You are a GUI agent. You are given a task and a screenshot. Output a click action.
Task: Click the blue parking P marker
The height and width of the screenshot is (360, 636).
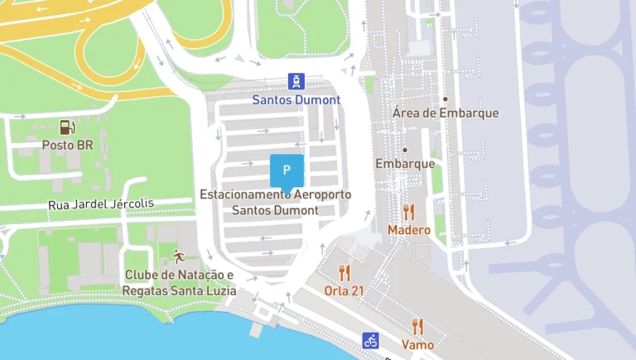[x=287, y=170]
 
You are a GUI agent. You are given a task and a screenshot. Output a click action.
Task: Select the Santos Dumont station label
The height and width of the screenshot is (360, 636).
[x=296, y=100]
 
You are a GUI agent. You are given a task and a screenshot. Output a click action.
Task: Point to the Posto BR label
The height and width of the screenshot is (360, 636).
[x=67, y=146]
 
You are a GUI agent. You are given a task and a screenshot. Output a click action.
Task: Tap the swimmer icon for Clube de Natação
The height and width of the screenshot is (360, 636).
[x=178, y=256]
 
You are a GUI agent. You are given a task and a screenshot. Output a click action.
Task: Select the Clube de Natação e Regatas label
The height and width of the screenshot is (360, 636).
[x=179, y=283]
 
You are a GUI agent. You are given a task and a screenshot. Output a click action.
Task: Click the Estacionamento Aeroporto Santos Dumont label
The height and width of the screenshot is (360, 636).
[x=275, y=202]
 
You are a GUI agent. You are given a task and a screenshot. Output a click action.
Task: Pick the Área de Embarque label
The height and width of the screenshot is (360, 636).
[x=446, y=113]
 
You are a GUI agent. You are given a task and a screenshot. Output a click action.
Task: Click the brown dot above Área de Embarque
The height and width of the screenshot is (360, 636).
[x=445, y=98]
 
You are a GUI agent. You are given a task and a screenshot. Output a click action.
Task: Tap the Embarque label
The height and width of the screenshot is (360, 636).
[x=405, y=164]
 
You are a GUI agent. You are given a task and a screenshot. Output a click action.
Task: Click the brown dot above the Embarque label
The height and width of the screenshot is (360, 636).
[x=405, y=150]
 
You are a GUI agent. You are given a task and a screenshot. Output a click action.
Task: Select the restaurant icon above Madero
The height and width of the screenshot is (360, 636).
[x=408, y=212]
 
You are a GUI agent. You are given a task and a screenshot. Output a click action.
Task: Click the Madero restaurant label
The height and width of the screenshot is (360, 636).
[x=409, y=230]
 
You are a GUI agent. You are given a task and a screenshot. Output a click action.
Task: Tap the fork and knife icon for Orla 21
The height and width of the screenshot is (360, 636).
[x=344, y=272]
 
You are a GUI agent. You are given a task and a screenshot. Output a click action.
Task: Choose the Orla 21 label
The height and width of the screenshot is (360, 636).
[x=344, y=291]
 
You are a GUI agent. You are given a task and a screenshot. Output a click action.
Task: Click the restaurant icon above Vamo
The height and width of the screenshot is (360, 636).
[x=417, y=326]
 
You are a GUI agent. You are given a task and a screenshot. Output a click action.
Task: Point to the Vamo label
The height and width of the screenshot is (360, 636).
[x=417, y=344]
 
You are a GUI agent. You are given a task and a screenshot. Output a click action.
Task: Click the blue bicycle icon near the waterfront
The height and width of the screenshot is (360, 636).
[x=371, y=340]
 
